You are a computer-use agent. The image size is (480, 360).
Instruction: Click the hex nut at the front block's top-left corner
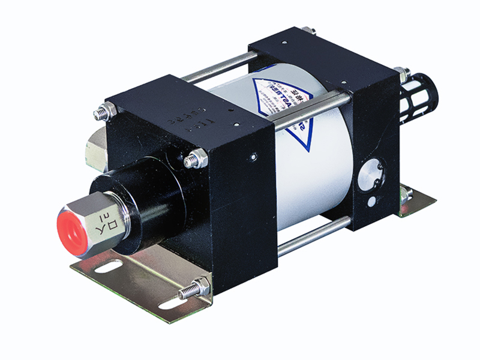pos(102,112)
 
